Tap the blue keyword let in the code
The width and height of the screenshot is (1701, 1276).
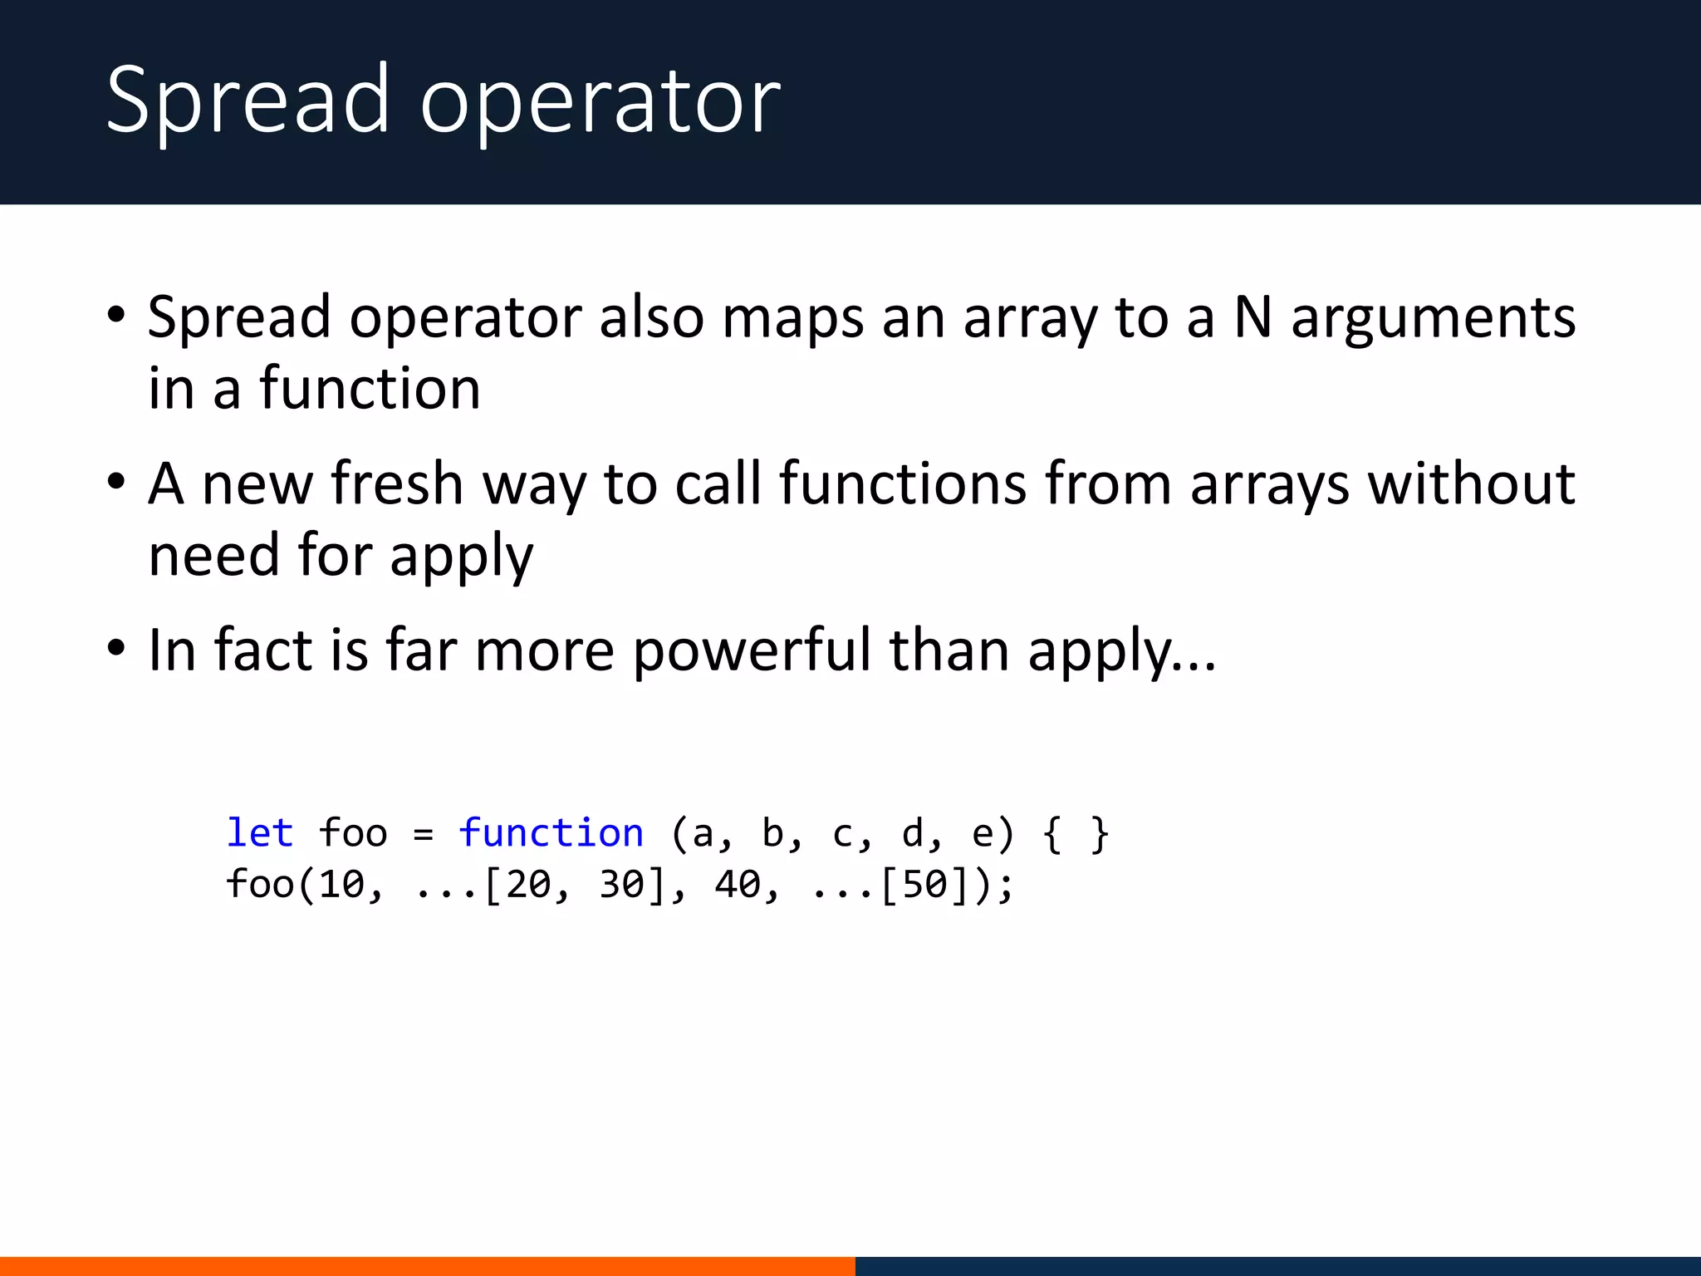[x=260, y=833]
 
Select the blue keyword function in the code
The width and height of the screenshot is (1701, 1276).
[x=551, y=833]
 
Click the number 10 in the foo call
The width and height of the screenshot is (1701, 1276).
[x=341, y=884]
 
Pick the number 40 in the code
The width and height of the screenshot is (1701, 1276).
[x=737, y=884]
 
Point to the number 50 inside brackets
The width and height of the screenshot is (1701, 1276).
[x=924, y=884]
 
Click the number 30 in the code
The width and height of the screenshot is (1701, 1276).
[x=622, y=884]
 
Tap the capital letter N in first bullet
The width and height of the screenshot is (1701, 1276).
[x=1252, y=317]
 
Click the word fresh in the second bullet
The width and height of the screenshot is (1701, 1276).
[x=396, y=483]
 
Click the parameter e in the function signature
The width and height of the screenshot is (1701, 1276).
[x=983, y=834]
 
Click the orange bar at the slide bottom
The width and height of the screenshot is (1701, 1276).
[x=427, y=1266]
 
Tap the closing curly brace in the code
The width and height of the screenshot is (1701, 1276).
[x=1100, y=834]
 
